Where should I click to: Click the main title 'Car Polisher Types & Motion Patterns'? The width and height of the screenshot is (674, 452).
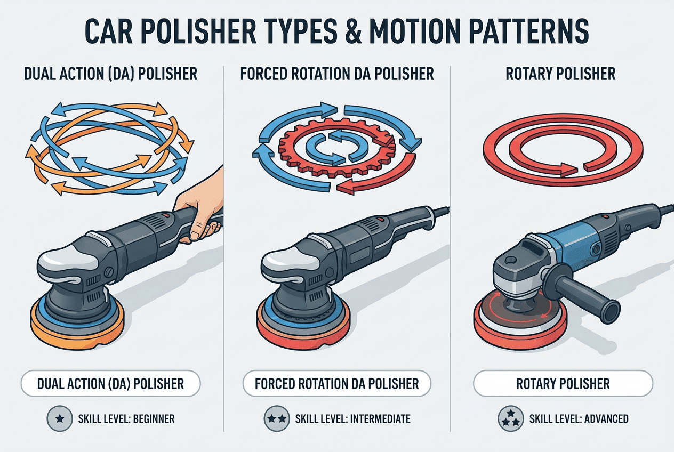coord(337,33)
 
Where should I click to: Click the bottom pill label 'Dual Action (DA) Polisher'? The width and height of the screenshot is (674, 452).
coord(111,383)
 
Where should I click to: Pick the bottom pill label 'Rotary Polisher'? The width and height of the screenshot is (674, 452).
coord(563,383)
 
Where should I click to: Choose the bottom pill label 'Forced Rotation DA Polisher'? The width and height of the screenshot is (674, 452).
coord(337,383)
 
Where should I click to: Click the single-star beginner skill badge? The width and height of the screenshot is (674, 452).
coord(60,419)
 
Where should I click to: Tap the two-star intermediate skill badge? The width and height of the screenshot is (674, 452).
coord(276,419)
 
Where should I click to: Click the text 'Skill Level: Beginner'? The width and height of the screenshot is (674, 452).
coord(126,419)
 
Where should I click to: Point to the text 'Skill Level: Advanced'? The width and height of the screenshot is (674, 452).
coord(579,419)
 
